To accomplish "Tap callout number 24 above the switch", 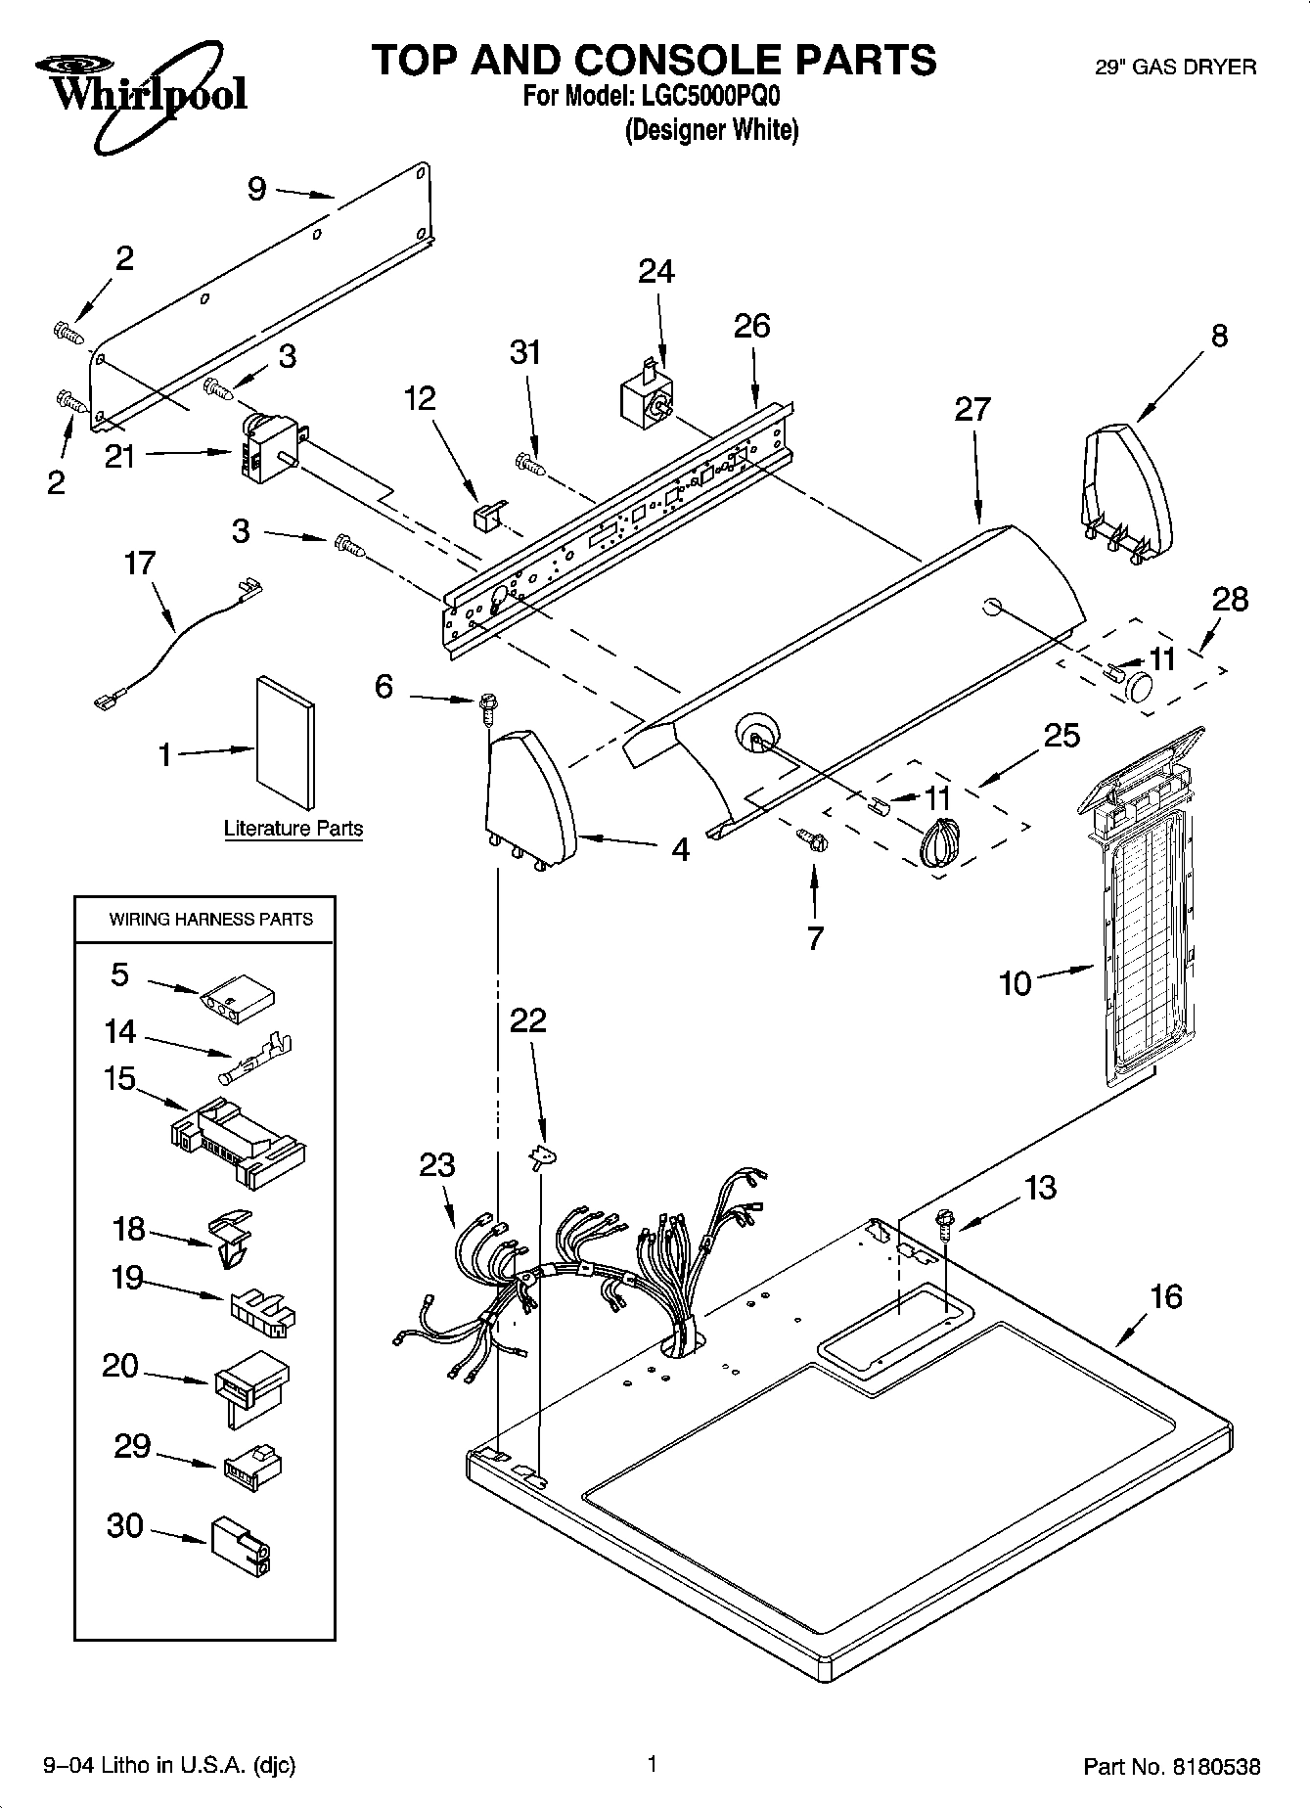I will pos(655,271).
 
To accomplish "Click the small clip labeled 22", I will pos(542,1157).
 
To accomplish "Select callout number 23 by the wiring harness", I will pos(437,1165).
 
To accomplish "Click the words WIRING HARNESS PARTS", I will pos(210,920).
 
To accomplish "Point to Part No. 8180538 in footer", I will pos(1171,1767).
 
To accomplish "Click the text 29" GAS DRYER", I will pos(1174,68).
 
